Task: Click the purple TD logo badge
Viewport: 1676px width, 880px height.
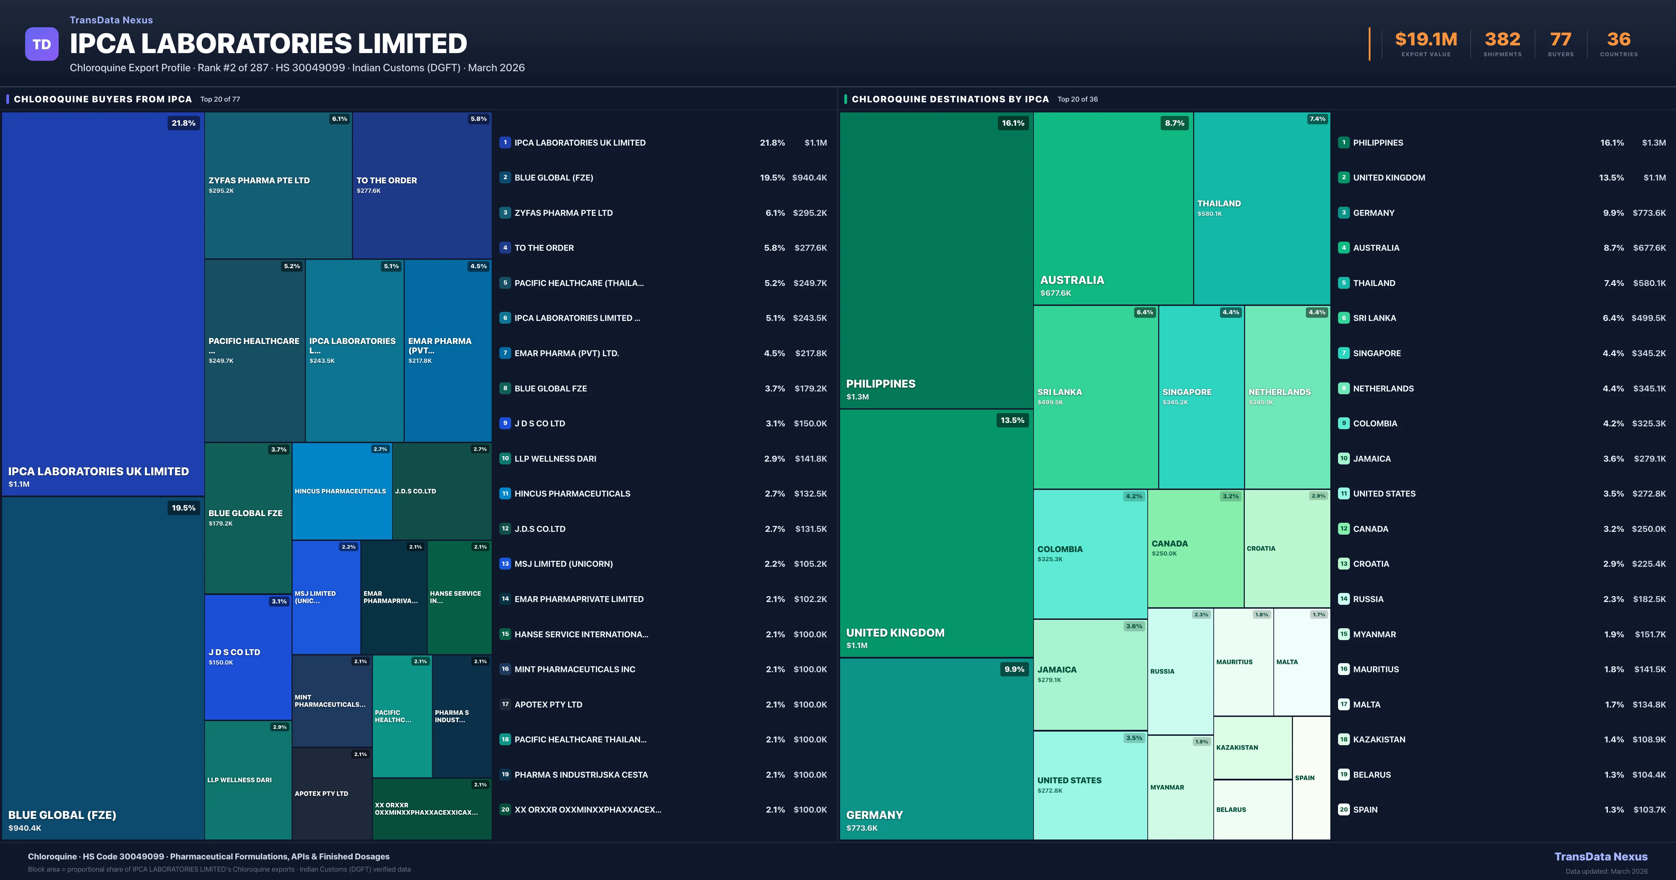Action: tap(42, 44)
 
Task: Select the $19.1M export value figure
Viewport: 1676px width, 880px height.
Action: tap(1426, 40)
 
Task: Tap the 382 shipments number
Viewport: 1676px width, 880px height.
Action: tap(1502, 40)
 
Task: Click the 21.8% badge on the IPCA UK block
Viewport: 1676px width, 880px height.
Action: tap(183, 123)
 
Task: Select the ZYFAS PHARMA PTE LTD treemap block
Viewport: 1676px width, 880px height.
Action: tap(278, 185)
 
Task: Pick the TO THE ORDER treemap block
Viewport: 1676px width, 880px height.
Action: tap(421, 185)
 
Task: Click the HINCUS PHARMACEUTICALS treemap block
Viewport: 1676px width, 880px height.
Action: tap(341, 491)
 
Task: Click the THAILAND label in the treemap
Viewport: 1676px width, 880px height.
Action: tap(1219, 204)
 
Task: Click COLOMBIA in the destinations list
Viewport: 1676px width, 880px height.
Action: tap(1375, 424)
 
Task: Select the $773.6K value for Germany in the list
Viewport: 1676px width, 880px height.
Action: tap(1649, 213)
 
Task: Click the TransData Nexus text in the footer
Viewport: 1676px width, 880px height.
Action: tap(1601, 857)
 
